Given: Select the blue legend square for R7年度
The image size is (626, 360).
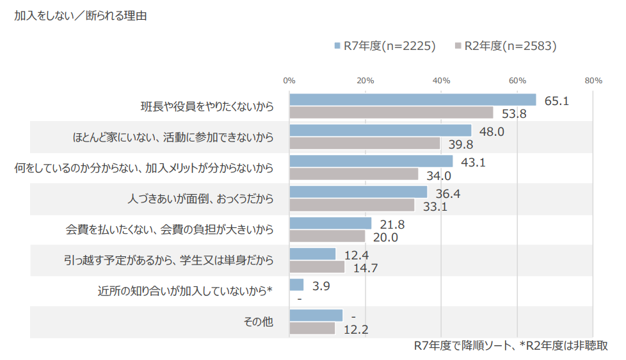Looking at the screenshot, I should pyautogui.click(x=336, y=46).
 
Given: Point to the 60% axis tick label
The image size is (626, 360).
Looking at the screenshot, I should pyautogui.click(x=517, y=81).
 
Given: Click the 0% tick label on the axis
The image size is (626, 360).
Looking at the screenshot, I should pyautogui.click(x=289, y=81).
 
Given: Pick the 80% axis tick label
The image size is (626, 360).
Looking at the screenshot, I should pyautogui.click(x=593, y=81).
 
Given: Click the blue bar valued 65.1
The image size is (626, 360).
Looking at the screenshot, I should pyautogui.click(x=413, y=99).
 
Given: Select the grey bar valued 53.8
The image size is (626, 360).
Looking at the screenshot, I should pyautogui.click(x=391, y=113).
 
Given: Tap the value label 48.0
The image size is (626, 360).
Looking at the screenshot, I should pyautogui.click(x=492, y=131).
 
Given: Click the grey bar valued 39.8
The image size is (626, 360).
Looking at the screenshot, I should pyautogui.click(x=365, y=143).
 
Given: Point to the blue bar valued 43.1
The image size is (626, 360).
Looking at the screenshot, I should pyautogui.click(x=371, y=161).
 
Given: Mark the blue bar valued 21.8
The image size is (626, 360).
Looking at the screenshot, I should pyautogui.click(x=330, y=223).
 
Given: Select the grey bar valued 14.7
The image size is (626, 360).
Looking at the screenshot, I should pyautogui.click(x=317, y=266).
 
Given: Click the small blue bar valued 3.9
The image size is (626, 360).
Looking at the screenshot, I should pyautogui.click(x=296, y=284).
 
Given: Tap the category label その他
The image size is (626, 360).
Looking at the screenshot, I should pyautogui.click(x=259, y=322).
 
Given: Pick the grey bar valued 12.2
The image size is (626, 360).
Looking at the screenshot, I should pyautogui.click(x=312, y=328).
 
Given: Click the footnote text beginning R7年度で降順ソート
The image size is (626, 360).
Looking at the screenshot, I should pyautogui.click(x=510, y=346).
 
